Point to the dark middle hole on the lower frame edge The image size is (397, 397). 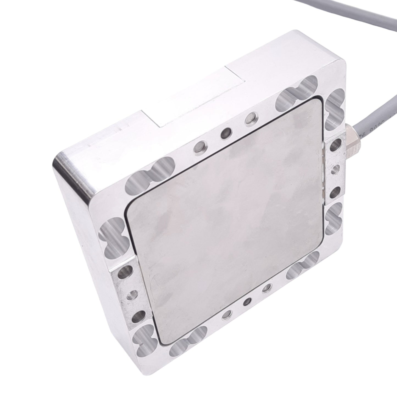[248, 301]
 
